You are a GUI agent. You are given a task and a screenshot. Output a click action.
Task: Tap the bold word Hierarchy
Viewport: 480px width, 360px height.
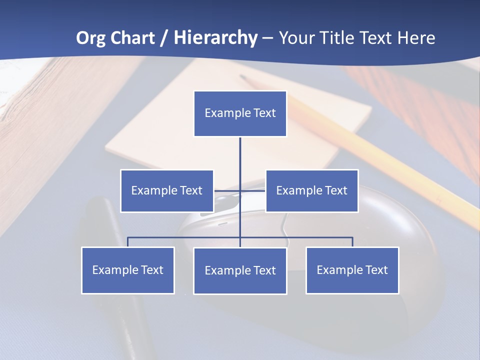tap(215, 38)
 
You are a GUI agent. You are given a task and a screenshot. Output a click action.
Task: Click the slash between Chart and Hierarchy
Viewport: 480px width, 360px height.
tap(165, 38)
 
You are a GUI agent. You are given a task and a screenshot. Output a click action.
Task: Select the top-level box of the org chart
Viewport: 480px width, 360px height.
tap(240, 113)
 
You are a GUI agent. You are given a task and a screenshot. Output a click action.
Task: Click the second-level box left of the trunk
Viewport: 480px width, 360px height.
tap(167, 190)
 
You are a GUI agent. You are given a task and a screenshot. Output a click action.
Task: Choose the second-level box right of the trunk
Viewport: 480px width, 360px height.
tap(311, 190)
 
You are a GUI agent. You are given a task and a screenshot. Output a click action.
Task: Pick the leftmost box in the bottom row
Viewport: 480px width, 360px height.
tap(127, 270)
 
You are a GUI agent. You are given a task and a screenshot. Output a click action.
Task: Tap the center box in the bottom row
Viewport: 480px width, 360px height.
tap(240, 270)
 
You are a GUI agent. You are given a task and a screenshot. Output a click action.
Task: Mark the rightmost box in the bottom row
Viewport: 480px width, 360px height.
tap(352, 270)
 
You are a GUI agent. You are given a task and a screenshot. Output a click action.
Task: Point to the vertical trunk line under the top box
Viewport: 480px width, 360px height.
tap(240, 160)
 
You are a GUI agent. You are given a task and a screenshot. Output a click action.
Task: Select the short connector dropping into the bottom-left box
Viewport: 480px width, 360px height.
tap(127, 242)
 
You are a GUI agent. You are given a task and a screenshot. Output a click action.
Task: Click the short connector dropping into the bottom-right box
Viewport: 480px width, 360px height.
tap(352, 242)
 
